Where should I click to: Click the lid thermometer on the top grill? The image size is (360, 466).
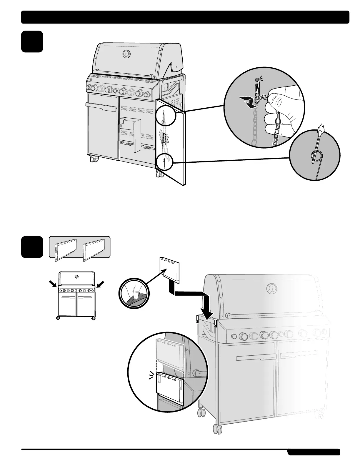pyautogui.click(x=126, y=54)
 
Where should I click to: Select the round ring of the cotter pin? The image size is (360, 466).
pyautogui.click(x=314, y=155)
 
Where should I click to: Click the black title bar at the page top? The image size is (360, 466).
pyautogui.click(x=185, y=17)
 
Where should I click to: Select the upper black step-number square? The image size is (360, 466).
pyautogui.click(x=32, y=41)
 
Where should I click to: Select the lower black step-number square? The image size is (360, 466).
pyautogui.click(x=32, y=247)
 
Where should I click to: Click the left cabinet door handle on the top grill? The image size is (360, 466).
pyautogui.click(x=101, y=107)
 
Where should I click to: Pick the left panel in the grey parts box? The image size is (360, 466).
pyautogui.click(x=64, y=248)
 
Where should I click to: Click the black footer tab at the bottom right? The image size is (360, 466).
pyautogui.click(x=314, y=452)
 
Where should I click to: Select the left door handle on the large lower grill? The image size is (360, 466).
pyautogui.click(x=256, y=358)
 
